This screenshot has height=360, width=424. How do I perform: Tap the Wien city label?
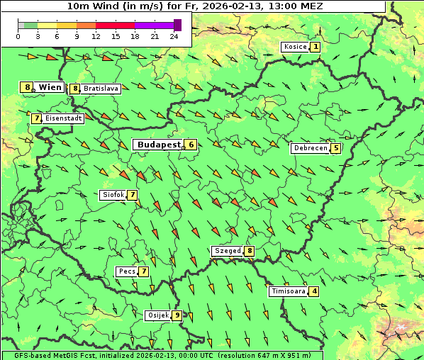point(50,87)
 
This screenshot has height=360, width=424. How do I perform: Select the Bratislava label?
point(99,89)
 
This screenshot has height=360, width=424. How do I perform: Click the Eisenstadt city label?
point(63,118)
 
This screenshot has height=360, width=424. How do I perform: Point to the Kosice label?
point(294,47)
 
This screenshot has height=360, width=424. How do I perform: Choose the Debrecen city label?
point(310,148)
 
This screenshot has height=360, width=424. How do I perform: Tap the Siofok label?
point(113,195)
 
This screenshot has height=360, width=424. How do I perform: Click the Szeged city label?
point(228,251)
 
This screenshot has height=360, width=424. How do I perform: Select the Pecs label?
point(127,271)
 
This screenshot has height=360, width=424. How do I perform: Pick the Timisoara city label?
point(288,291)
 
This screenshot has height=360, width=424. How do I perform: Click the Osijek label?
point(157,315)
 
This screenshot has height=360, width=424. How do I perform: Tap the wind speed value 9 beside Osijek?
point(177,315)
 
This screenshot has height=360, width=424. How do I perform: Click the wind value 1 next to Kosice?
point(315,47)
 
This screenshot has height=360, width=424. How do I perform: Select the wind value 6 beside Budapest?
point(190,145)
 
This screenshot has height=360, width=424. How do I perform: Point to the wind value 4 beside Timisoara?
point(314,291)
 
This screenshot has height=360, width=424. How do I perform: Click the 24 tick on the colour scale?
point(174,36)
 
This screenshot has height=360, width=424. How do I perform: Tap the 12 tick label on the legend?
point(96,36)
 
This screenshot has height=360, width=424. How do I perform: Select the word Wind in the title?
point(100,6)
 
